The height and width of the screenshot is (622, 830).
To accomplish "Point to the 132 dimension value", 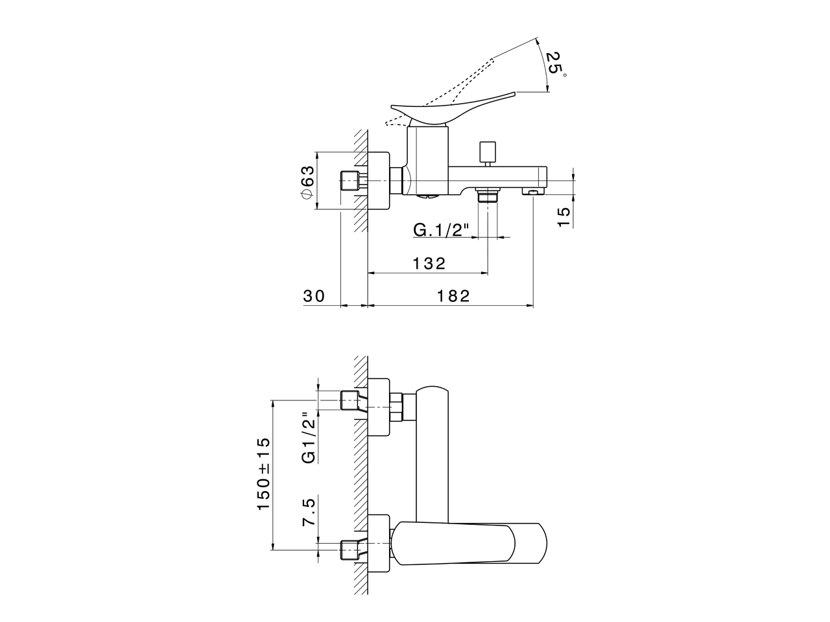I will [429, 263].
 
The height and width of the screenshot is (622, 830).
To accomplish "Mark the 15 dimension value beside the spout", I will [564, 216].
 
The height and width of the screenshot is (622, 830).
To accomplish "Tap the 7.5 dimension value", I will [309, 512].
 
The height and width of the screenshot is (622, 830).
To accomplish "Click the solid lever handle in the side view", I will [454, 108].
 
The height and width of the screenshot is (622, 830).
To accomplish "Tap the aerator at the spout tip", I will [534, 192].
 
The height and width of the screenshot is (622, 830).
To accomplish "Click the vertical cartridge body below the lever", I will [427, 159].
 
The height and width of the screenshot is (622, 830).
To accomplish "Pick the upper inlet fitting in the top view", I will [351, 401].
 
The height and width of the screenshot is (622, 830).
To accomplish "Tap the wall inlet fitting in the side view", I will [350, 181].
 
